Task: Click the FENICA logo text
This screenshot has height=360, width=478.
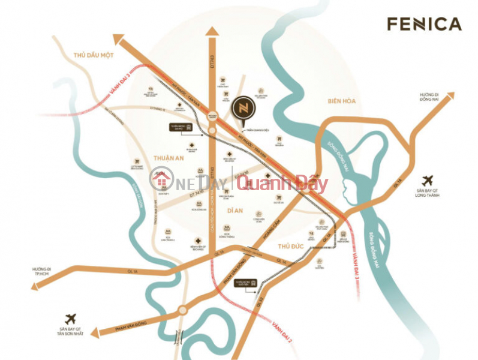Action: click(424, 24)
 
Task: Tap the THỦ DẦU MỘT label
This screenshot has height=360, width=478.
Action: click(94, 55)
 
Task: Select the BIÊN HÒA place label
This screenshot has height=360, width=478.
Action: click(342, 101)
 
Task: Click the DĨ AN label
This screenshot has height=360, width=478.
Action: click(238, 211)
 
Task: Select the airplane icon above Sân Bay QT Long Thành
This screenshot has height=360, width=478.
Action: click(428, 179)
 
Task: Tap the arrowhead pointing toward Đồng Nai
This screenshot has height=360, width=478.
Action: click(448, 96)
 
